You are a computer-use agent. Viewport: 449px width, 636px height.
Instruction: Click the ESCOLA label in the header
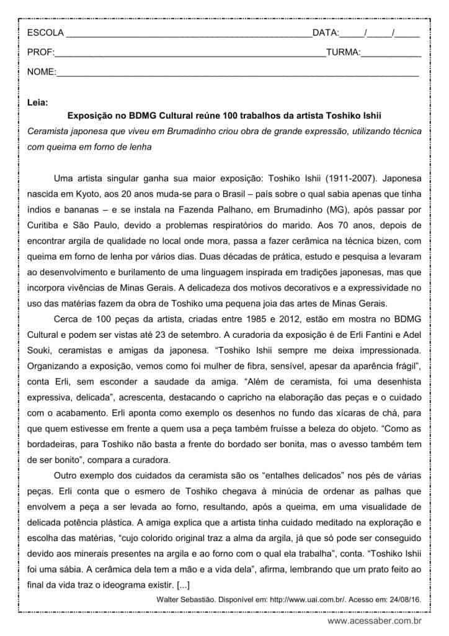click(x=45, y=33)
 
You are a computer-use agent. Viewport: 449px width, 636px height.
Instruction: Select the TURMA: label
click(x=343, y=53)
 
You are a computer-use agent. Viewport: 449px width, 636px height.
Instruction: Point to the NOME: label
click(x=42, y=73)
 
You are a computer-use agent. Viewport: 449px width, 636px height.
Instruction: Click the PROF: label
click(x=41, y=53)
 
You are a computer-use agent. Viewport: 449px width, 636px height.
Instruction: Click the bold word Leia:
click(x=37, y=102)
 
